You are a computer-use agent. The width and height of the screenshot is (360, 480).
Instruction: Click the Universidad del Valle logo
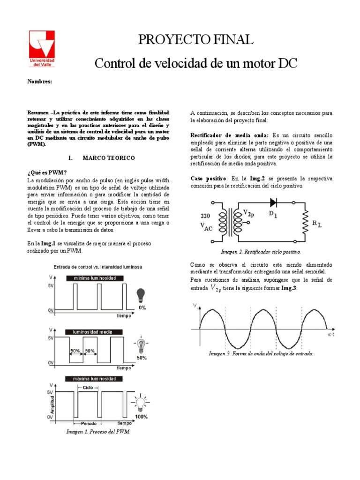click(42, 49)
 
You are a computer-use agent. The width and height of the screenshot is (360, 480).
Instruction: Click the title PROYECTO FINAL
click(196, 41)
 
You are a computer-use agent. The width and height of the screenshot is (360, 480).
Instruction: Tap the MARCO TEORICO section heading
click(109, 158)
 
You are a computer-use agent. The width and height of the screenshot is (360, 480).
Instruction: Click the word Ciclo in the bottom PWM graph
click(88, 388)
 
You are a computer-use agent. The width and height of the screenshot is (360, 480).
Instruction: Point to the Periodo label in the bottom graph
click(87, 423)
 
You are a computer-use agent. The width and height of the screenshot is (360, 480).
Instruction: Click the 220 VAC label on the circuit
click(208, 222)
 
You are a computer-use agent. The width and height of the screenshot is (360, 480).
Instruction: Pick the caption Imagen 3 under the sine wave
click(261, 353)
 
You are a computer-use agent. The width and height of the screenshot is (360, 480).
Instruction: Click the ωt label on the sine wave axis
click(330, 335)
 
